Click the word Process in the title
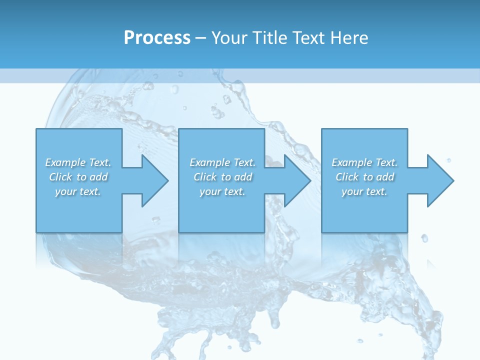coord(157,38)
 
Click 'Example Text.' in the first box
coord(78,162)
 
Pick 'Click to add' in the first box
coord(78,177)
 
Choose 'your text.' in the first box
coord(78,191)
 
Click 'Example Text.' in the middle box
coord(222,162)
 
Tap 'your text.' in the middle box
coord(222,191)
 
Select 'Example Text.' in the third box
coord(364,162)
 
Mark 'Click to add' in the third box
coord(364,177)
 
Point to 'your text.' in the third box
coord(364,191)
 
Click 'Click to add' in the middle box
coord(222,177)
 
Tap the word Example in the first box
coord(65,162)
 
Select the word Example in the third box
coord(351,162)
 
